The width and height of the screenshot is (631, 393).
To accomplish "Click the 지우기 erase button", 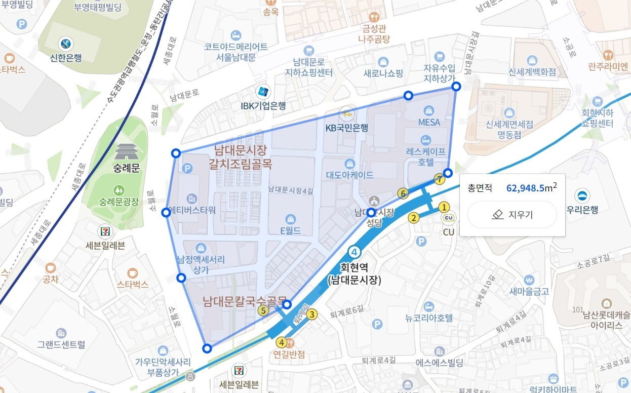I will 512,215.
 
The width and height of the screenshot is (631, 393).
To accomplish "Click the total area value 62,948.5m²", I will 532,188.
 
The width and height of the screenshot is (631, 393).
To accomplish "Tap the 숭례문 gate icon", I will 126,151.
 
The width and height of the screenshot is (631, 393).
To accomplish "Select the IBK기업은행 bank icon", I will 263,92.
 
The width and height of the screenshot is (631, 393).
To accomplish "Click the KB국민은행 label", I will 346,128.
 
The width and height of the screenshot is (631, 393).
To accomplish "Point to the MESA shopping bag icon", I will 429,110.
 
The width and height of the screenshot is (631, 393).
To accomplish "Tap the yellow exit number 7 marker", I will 440,179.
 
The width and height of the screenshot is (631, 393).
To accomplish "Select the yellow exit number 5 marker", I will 263,311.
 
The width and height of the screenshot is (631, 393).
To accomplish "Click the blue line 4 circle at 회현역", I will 354,252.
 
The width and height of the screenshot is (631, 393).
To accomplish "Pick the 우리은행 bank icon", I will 583,195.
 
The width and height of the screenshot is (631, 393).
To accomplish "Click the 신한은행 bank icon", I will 65,44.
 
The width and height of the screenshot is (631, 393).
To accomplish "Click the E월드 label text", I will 291,230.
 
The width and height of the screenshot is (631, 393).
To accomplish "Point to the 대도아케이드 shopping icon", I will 349,164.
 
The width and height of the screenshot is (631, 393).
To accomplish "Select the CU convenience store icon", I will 448,218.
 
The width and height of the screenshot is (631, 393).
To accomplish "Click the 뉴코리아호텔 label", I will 428,319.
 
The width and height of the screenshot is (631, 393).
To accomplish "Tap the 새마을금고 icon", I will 529,280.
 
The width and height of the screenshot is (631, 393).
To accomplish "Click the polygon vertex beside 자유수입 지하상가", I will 456,87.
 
